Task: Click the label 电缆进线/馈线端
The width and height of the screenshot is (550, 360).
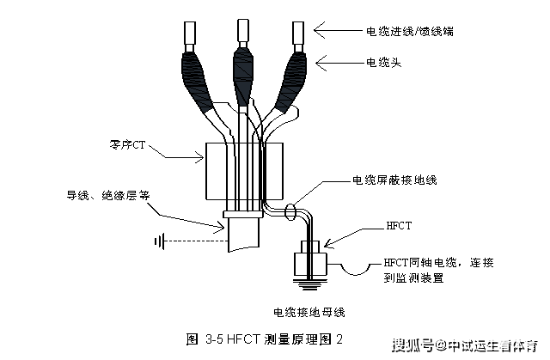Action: click(x=411, y=31)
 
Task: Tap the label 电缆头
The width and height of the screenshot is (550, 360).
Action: click(x=384, y=62)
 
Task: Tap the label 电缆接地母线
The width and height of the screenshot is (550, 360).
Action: click(x=309, y=311)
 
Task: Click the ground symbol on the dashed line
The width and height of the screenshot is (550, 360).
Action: click(x=161, y=241)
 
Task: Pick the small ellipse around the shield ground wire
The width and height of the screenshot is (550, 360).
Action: click(x=290, y=209)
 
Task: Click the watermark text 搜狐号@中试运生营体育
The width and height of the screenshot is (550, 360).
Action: click(x=465, y=345)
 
